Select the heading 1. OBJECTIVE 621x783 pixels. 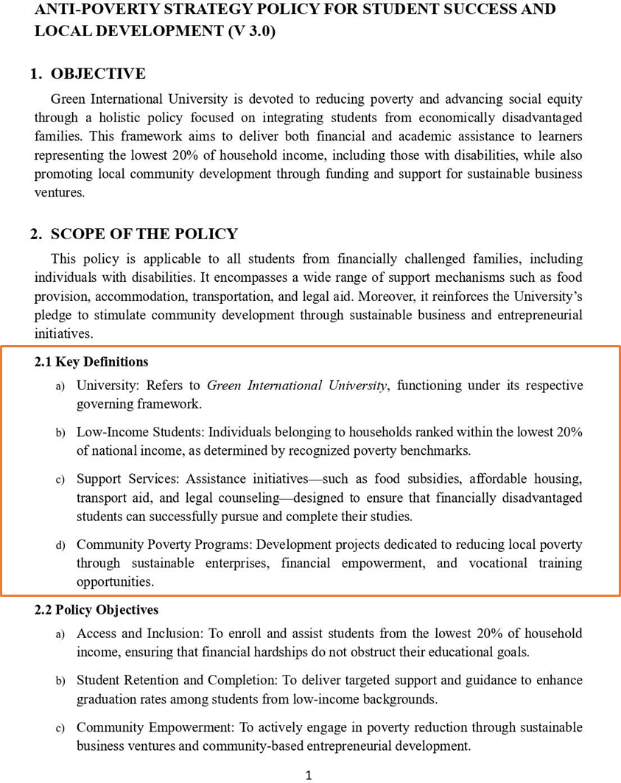click(x=88, y=74)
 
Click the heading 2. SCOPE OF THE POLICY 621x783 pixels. click(x=133, y=234)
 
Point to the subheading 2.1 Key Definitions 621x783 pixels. click(x=91, y=361)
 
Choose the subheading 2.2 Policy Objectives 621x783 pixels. click(x=97, y=610)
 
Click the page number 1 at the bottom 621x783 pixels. click(x=309, y=774)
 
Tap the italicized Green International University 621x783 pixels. click(x=297, y=386)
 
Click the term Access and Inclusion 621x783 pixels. click(x=138, y=633)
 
